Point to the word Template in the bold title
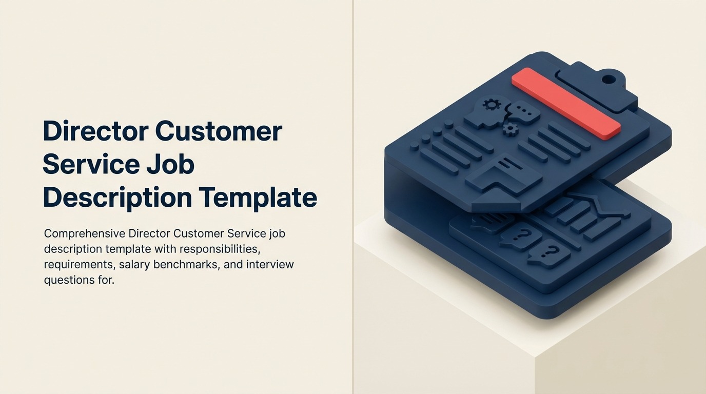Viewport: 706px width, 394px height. click(x=258, y=198)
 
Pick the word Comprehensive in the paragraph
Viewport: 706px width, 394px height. click(x=85, y=234)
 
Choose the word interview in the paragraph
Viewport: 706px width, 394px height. click(x=270, y=265)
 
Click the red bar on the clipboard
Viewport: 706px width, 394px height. click(x=566, y=103)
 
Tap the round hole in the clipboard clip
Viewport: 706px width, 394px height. click(x=608, y=79)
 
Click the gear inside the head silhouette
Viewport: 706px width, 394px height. click(x=492, y=105)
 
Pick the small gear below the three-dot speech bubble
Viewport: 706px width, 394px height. click(x=510, y=129)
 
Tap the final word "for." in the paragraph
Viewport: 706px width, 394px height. click(x=104, y=281)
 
